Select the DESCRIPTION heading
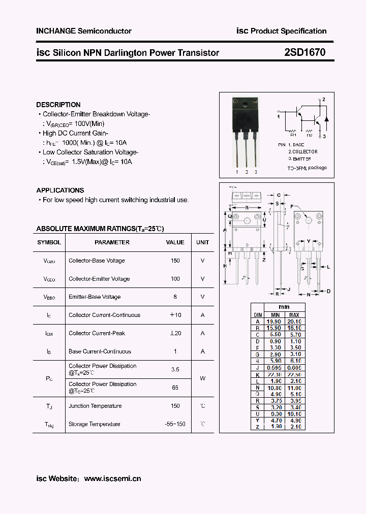pos(58,105)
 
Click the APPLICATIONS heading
pos(60,190)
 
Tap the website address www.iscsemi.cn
pos(112,478)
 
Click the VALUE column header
pos(175,242)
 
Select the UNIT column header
pos(202,242)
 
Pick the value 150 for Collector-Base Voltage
pos(175,261)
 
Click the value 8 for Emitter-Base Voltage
pos(175,297)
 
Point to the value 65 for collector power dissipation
pos(175,387)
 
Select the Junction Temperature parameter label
pos(95,406)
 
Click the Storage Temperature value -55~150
pos(175,424)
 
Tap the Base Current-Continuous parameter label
pos(100,351)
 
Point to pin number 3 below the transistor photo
pos(256,172)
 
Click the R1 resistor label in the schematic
pos(293,135)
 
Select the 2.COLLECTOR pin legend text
pos(303,151)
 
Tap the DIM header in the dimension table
pos(258,315)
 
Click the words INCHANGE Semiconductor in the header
pos(84,31)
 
